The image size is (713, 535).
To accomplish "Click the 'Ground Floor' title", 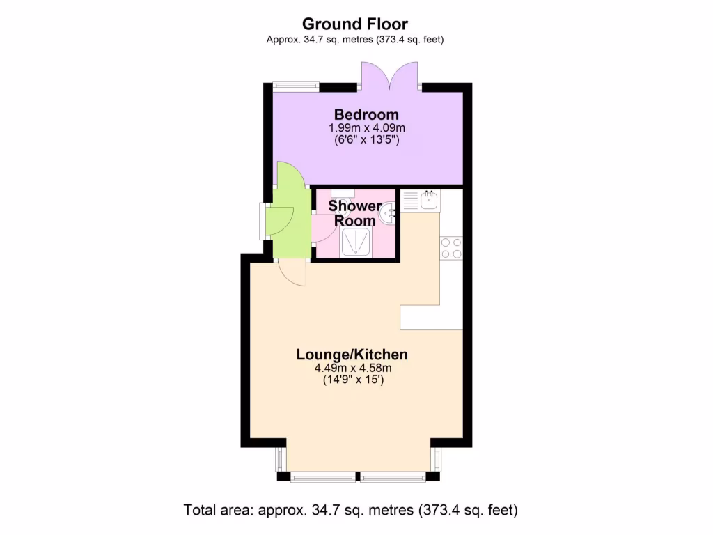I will [355, 25].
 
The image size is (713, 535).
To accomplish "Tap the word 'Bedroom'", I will [366, 114].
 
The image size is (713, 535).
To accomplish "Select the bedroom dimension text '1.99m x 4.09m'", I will [366, 128].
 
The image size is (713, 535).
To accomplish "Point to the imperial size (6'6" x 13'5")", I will [366, 140].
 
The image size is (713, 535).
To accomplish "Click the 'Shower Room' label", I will [354, 212].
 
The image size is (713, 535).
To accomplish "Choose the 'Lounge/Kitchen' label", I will [352, 355].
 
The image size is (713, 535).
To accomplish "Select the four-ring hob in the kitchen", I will [451, 248].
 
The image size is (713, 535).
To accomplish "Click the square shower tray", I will [356, 243].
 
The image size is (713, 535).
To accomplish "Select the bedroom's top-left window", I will [295, 86].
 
